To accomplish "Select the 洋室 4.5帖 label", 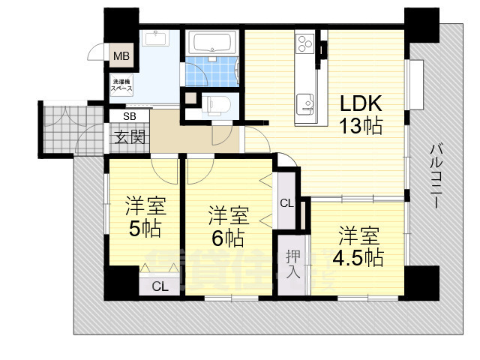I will pos(358,246).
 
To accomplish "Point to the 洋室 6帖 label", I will pos(228,227).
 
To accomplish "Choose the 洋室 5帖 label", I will pos(145,216).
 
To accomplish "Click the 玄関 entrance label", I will pos(129,136).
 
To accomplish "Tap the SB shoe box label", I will pos(129,116).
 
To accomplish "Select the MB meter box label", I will pos(120,55).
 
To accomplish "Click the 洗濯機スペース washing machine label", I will pos(122,85).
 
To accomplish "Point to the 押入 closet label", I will pos(292,262).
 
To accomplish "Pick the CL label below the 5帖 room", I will pos(159,286).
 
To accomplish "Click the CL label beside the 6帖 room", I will pos(286,202).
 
